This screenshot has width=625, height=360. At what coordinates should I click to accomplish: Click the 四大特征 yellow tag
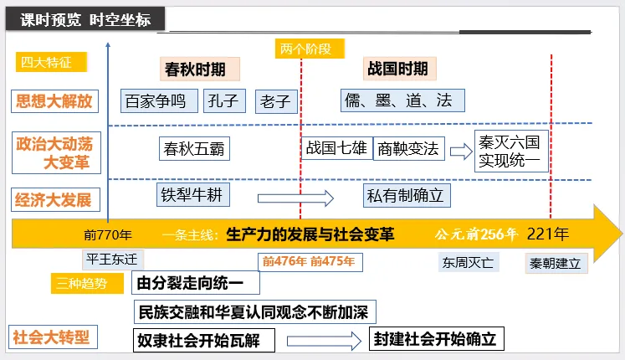41,61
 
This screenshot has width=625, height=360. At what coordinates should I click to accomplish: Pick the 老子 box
275,102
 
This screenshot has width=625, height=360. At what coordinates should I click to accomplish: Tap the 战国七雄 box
336,149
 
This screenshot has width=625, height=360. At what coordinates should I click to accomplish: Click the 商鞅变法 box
407,149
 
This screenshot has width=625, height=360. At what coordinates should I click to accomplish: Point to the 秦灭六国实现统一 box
510,150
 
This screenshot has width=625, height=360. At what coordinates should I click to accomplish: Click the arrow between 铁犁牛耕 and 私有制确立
296,198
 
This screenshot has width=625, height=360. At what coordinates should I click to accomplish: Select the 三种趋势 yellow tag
83,283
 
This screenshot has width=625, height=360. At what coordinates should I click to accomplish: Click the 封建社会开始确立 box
435,339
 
